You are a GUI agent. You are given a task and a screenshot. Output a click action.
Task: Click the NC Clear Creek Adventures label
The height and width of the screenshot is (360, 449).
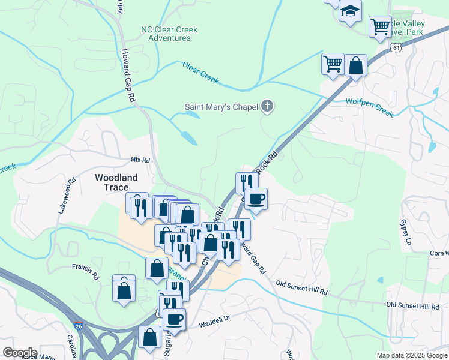169,34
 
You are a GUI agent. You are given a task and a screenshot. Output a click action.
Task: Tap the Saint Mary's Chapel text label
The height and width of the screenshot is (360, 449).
221,107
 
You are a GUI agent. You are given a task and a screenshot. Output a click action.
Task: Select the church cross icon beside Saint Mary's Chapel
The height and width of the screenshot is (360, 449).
267,107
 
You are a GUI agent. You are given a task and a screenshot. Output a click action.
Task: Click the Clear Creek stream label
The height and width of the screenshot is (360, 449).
200,73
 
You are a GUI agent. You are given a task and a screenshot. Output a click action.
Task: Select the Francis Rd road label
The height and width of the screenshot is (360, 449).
85,272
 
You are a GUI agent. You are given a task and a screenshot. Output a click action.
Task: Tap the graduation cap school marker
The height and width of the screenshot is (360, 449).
349,11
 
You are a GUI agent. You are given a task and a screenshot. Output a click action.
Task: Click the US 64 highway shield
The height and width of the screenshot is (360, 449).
395,47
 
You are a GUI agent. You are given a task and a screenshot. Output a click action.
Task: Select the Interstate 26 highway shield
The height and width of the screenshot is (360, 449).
79,326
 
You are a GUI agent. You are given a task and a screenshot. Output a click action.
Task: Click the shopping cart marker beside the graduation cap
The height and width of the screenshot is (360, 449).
379,26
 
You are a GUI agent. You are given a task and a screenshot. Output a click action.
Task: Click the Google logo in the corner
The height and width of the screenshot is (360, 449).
19,353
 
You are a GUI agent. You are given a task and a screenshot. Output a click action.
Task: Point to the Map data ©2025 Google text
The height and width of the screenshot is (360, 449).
411,355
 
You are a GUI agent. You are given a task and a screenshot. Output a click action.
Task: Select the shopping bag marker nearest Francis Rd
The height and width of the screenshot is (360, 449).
124,290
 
